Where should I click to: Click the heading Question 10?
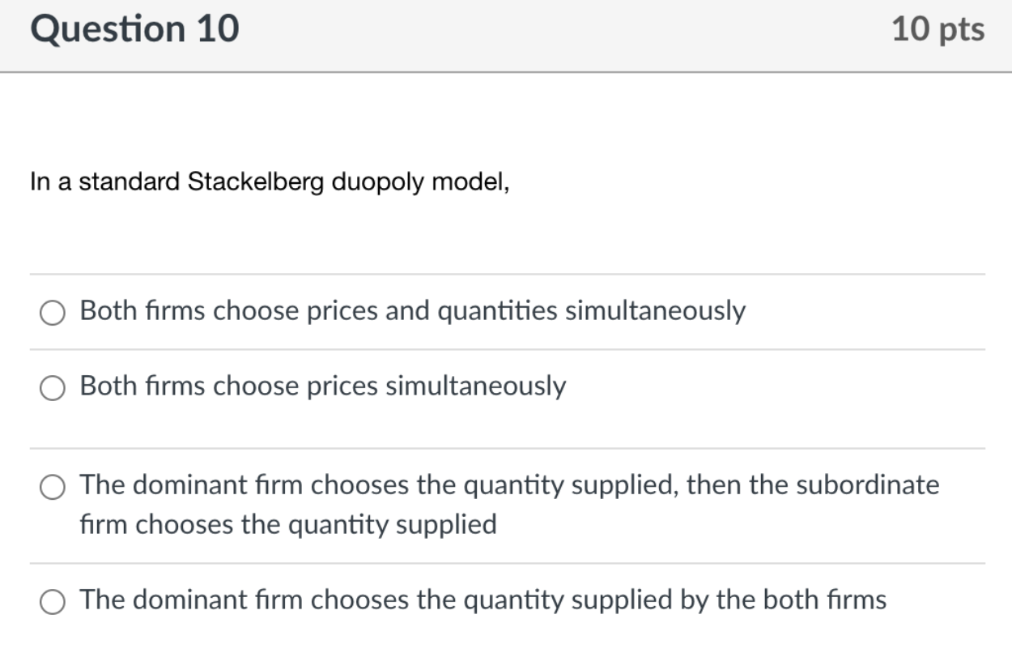(x=134, y=29)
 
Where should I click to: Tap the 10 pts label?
(x=938, y=30)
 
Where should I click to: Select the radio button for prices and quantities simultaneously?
(x=53, y=312)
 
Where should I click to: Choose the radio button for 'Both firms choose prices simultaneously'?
(x=53, y=388)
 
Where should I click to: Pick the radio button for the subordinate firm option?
(x=53, y=487)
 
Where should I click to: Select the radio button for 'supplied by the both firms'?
(x=53, y=602)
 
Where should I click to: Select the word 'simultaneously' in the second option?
(x=475, y=386)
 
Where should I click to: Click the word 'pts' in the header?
(x=962, y=30)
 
